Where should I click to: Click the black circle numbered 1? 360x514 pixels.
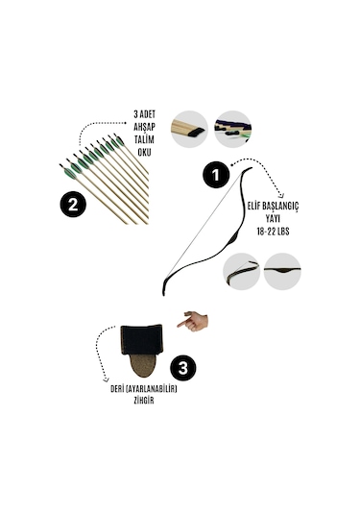[x=216, y=175]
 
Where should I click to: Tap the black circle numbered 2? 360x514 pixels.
[x=73, y=205]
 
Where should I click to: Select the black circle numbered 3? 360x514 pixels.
[x=182, y=367]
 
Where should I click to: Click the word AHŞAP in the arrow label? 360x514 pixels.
[x=144, y=127]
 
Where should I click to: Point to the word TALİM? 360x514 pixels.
[x=144, y=139]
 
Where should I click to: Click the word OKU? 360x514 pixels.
[x=144, y=153]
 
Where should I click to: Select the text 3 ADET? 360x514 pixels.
[x=144, y=114]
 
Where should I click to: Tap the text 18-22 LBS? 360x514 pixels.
[x=273, y=232]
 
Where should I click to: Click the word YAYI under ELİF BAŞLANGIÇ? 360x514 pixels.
[x=273, y=219]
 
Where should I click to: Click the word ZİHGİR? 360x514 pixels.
[x=144, y=401]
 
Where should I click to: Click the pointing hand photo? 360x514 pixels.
[x=193, y=321]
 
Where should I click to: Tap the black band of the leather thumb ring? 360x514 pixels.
[x=142, y=339]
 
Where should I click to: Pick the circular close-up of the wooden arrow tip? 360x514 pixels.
[x=189, y=129]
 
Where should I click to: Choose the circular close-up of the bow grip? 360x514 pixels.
[x=282, y=272]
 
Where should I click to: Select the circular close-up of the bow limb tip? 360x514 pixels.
[x=242, y=272]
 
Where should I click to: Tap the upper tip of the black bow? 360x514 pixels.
[x=252, y=168]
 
